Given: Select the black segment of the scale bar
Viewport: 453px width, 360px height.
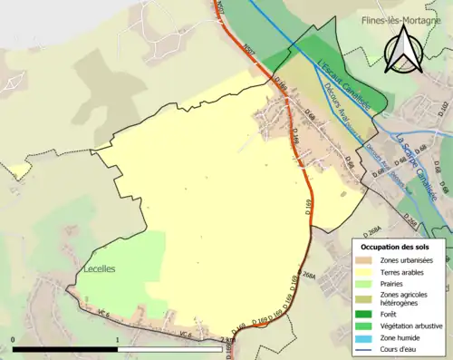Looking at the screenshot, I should tap(65, 348).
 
